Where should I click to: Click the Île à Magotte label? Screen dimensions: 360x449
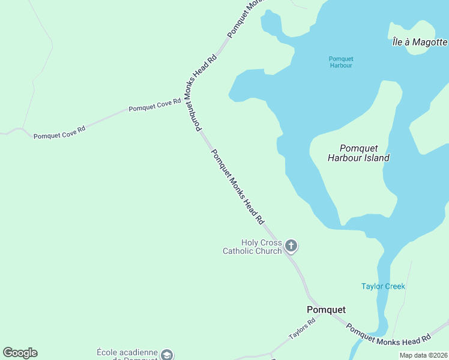pos(419,42)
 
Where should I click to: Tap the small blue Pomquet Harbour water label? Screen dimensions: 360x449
pos(341,62)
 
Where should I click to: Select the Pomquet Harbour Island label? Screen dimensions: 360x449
pos(358,153)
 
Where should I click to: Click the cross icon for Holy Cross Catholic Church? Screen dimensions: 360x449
pos(291,245)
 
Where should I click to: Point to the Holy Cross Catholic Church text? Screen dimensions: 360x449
pos(253,247)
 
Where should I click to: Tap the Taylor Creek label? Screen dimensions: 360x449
pos(383,286)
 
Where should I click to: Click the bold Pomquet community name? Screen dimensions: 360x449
pos(326,310)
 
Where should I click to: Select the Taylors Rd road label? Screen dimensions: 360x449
pos(302,329)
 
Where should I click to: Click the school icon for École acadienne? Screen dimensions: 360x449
pos(167,355)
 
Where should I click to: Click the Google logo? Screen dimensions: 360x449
pos(20,353)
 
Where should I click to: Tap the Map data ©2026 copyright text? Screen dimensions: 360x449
pos(423,355)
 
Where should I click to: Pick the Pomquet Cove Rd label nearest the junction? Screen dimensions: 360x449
pos(154,105)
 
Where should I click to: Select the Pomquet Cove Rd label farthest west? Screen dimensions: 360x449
pos(59,132)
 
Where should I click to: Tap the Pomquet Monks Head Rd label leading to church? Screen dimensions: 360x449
pos(238,187)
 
